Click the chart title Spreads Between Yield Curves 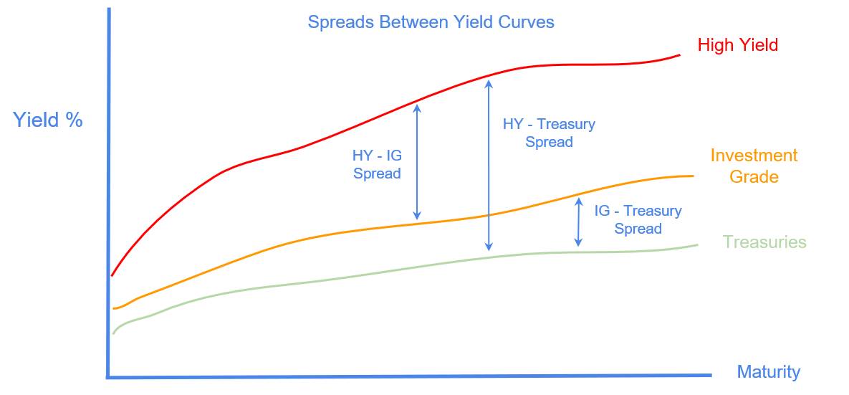point(431,22)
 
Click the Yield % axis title point(48,120)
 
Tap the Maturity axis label point(768,372)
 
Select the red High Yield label point(737,45)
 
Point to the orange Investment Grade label point(754,166)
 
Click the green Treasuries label point(764,242)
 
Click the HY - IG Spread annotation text point(377,164)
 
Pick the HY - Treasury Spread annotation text point(549,133)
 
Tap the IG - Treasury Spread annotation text point(638,219)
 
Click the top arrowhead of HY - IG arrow point(417,106)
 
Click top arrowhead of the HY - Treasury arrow point(489,82)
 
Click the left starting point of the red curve point(112,275)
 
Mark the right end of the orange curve point(693,176)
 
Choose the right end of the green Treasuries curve point(696,245)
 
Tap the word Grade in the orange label point(754,176)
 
